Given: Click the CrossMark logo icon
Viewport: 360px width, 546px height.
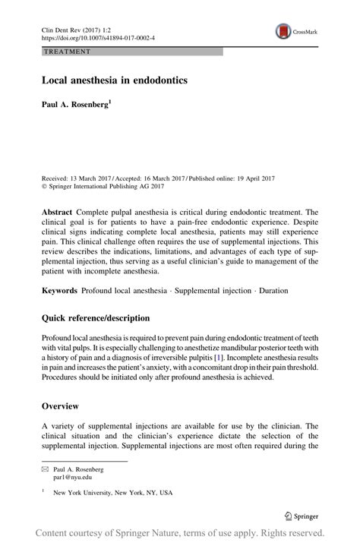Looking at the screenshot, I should coord(283,32).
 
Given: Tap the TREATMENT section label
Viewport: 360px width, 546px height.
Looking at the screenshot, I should coord(67,52).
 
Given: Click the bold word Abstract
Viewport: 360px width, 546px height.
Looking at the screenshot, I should coord(58,212).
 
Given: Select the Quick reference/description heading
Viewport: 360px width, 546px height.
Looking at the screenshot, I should coord(96,318).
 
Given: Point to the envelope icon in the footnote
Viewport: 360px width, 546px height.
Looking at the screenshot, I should coord(44,470).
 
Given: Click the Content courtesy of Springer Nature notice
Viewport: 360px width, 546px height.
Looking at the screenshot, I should coord(180,532).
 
